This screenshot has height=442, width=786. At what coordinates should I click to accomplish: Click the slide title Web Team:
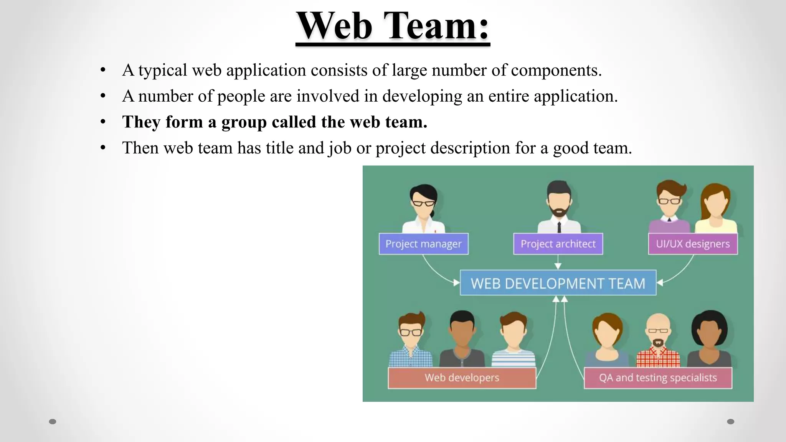[393, 26]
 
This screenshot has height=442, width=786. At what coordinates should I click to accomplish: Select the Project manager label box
[423, 244]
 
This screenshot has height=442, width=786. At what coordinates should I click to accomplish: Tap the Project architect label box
[558, 244]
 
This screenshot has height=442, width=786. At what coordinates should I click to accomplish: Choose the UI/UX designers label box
[693, 244]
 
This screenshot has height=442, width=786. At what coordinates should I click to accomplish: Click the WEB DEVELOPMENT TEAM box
[558, 283]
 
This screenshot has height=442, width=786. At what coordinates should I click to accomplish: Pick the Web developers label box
[462, 378]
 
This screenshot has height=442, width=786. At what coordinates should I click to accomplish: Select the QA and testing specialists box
[658, 378]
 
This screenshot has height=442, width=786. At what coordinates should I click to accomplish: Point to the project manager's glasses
[423, 203]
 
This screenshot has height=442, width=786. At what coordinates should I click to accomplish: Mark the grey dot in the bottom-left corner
[53, 422]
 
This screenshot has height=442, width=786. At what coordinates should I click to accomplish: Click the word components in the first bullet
[556, 70]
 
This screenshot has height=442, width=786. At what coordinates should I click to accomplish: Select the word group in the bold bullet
[244, 122]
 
